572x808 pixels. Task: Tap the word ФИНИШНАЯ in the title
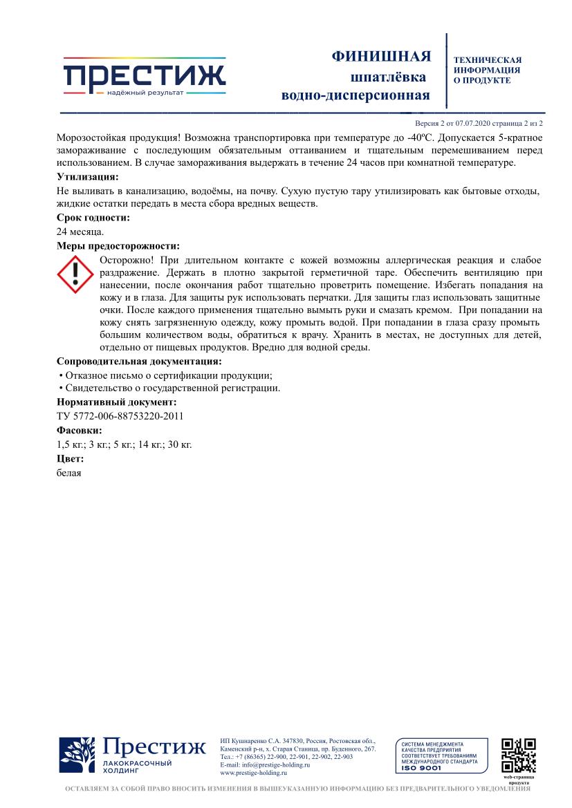tap(382, 56)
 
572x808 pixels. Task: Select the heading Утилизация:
tap(88, 177)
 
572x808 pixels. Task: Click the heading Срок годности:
tap(93, 218)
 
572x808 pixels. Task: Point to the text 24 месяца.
tap(80, 232)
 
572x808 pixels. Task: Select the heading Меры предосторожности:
tap(118, 245)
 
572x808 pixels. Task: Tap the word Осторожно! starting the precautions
tap(127, 260)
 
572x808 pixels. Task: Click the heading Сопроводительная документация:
tap(139, 361)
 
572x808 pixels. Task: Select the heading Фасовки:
tap(79, 431)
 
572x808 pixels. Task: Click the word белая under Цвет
tap(68, 473)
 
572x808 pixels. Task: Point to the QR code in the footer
tap(519, 755)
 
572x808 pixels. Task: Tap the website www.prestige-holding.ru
tap(252, 773)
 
